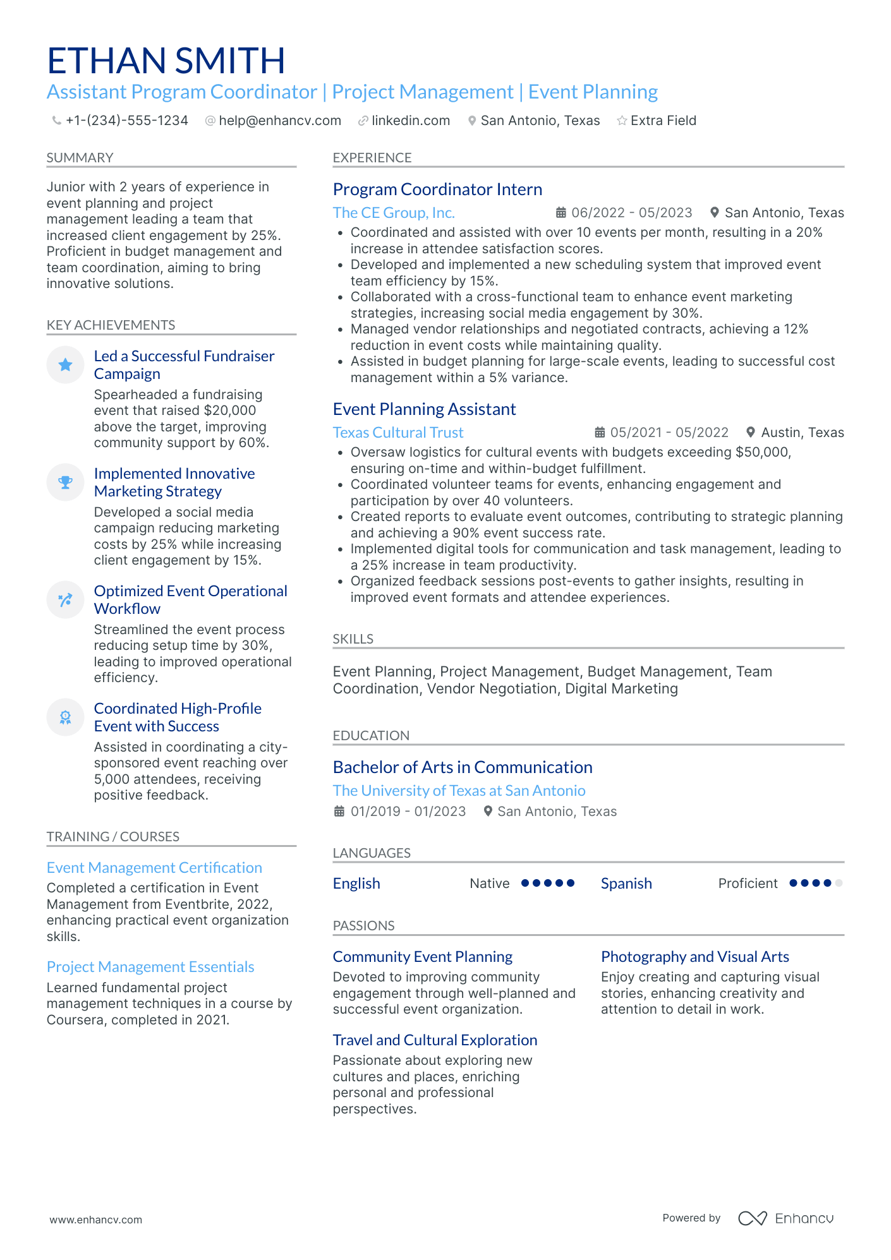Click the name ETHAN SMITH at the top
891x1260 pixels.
(x=166, y=61)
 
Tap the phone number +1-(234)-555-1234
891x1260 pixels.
(x=126, y=121)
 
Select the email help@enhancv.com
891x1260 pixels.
(x=279, y=121)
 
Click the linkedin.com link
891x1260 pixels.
(x=410, y=121)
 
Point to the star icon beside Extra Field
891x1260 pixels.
(x=622, y=121)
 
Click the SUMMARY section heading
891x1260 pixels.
(x=80, y=158)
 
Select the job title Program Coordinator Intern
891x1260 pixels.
(x=437, y=189)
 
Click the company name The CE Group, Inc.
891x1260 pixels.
(x=393, y=213)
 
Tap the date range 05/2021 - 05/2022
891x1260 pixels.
(x=669, y=433)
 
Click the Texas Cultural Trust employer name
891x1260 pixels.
(x=397, y=433)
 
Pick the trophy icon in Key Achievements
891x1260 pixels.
(x=65, y=483)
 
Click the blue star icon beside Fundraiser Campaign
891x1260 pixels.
(x=65, y=365)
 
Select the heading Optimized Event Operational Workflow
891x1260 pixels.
(x=190, y=599)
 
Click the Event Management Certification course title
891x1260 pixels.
(x=154, y=868)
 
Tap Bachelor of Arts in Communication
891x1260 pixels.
(x=462, y=767)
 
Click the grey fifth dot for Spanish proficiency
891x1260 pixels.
(x=839, y=884)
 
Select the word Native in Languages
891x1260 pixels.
(x=489, y=884)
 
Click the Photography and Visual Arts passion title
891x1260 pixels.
(x=694, y=957)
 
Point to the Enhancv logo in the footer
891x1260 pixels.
(x=785, y=1218)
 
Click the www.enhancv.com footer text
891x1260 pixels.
(x=96, y=1220)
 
